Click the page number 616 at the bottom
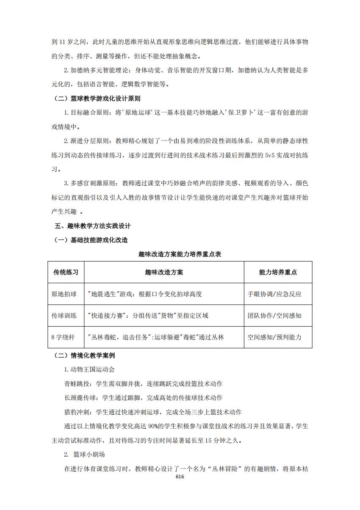(180, 477)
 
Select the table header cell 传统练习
(65, 272)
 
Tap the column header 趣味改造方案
(164, 272)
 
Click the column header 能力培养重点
(278, 272)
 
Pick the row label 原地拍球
(64, 294)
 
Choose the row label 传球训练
(64, 316)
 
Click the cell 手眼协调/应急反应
(274, 294)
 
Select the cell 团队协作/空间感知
(274, 316)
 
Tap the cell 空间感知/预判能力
(274, 337)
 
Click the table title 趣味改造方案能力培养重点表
(180, 254)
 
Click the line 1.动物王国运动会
(89, 369)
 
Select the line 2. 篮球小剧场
(84, 455)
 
